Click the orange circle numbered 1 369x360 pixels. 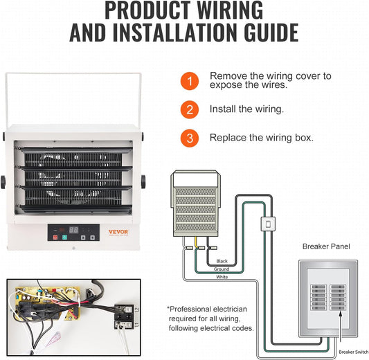coord(190,81)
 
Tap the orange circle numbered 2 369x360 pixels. coord(190,109)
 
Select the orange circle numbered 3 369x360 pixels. coord(190,138)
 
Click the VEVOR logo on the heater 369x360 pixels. coord(118,232)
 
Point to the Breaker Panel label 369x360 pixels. coord(326,246)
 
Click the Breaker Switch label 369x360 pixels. coord(354,352)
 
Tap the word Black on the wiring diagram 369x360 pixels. coord(222,261)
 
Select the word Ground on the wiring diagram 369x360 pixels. coord(222,269)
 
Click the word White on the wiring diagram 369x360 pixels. coord(222,277)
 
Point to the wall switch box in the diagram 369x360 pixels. coord(268,224)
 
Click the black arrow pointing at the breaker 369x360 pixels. coord(341,326)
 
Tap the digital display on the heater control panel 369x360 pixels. coord(73,230)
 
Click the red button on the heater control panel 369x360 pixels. coord(55,237)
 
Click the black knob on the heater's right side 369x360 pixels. coord(143,181)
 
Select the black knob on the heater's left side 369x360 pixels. coord(3,182)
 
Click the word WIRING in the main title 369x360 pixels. coord(230,10)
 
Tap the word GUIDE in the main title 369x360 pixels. coord(271,33)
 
